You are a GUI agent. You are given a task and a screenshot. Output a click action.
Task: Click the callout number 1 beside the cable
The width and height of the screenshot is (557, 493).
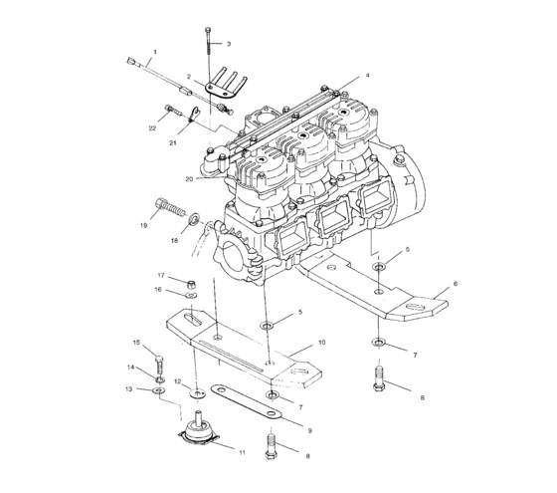tap(154, 51)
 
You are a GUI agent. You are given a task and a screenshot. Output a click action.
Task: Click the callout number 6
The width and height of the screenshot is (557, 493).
tap(456, 284)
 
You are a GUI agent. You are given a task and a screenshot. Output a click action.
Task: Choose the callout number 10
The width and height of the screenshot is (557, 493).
tap(321, 342)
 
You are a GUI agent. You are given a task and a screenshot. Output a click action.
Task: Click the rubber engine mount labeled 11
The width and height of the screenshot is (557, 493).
tap(200, 432)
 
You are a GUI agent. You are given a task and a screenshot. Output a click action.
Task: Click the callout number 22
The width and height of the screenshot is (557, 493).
tap(152, 128)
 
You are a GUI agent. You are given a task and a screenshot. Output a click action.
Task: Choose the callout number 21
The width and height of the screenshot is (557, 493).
tap(172, 143)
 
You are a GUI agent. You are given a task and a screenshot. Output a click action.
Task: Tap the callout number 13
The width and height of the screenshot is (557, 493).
tap(128, 389)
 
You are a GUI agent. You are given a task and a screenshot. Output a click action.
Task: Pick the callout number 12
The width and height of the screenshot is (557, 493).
tap(177, 381)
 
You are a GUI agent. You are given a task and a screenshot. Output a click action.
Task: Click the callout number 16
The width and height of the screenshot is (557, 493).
tap(156, 290)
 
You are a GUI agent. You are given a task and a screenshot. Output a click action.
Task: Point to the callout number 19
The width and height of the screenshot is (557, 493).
tap(143, 227)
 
